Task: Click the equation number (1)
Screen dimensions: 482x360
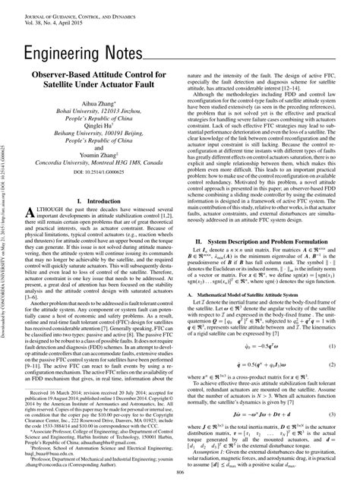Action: coord(332,324)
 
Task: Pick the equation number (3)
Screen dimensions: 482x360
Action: coord(332,395)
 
